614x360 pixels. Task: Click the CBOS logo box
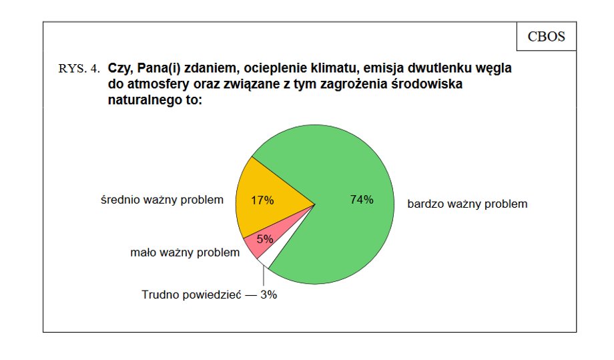pyautogui.click(x=546, y=37)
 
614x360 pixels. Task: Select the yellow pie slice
pyautogui.click(x=266, y=200)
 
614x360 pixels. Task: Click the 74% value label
pyautogui.click(x=362, y=200)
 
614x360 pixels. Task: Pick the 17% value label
pyautogui.click(x=262, y=200)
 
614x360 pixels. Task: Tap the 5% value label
pyautogui.click(x=265, y=239)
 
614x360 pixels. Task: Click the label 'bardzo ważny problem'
pyautogui.click(x=467, y=204)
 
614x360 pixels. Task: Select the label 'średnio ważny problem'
pyautogui.click(x=162, y=200)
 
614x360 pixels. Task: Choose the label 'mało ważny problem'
pyautogui.click(x=185, y=252)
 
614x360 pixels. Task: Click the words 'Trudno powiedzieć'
pyautogui.click(x=192, y=295)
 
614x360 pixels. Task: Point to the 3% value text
pyautogui.click(x=268, y=295)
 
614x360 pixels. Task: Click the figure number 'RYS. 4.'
pyautogui.click(x=79, y=69)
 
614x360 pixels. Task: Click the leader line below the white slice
pyautogui.click(x=264, y=277)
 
